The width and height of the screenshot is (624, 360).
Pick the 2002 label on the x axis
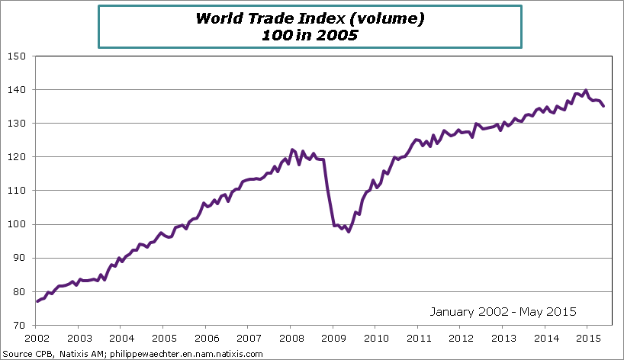tap(37, 338)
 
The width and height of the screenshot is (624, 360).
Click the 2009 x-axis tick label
tap(332, 338)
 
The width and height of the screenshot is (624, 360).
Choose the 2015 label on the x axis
tap(586, 338)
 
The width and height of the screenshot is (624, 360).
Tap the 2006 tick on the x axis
tap(206, 338)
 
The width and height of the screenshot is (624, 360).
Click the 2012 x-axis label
tap(459, 338)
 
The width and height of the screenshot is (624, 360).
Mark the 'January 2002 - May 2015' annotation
tap(503, 311)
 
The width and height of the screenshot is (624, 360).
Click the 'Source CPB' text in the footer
tap(25, 354)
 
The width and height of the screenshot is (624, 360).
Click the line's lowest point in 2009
tap(349, 231)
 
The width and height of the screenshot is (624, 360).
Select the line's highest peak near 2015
tap(585, 90)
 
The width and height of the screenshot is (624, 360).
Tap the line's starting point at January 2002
tap(37, 301)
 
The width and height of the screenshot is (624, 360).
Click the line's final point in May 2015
tap(604, 106)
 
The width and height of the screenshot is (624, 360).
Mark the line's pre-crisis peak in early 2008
tap(292, 149)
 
